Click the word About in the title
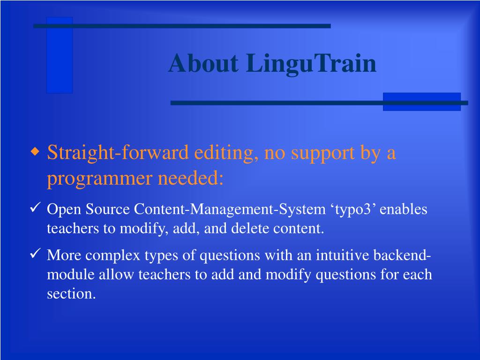(x=203, y=63)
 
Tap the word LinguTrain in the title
(x=311, y=64)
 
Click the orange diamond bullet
(x=36, y=151)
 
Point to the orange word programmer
(x=100, y=179)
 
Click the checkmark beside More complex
(x=35, y=254)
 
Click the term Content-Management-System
(x=230, y=210)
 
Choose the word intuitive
(x=342, y=255)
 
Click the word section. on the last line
(x=71, y=293)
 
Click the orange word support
(x=322, y=153)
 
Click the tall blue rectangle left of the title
(x=60, y=55)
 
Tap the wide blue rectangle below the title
(x=422, y=102)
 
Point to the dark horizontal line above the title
(x=182, y=26)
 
